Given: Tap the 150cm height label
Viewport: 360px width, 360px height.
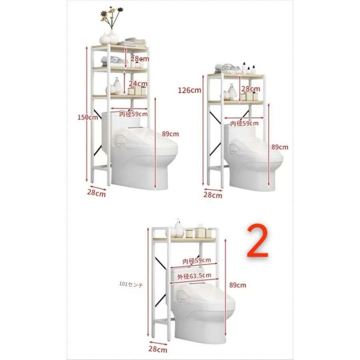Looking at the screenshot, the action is [88, 117].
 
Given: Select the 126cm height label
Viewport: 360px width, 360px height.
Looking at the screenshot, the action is [190, 90].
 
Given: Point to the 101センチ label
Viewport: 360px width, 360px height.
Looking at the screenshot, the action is [131, 284].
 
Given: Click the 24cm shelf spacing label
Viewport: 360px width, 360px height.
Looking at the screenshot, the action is [138, 84].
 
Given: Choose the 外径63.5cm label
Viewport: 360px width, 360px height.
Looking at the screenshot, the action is [194, 276].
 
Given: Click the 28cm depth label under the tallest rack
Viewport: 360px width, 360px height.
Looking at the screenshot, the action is [96, 193].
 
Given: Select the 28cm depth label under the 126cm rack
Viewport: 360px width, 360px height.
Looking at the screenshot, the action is [213, 195].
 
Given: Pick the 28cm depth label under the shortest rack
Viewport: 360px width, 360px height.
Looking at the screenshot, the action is [158, 349].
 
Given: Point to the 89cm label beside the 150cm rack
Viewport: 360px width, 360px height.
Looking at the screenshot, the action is [170, 134].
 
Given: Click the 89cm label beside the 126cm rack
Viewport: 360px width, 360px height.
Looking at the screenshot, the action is [280, 147].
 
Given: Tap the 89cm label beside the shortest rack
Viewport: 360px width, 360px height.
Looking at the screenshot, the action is [238, 285].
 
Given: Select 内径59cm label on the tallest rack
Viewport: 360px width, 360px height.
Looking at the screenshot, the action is [133, 114].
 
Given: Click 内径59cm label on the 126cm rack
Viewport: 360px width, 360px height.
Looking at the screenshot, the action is [244, 123].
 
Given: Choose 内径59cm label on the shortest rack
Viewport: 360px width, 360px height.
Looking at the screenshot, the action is [196, 261].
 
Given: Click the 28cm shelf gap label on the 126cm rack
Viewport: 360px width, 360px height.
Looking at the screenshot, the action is [250, 89].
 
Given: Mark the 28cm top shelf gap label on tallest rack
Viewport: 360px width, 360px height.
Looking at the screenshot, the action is [140, 59].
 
